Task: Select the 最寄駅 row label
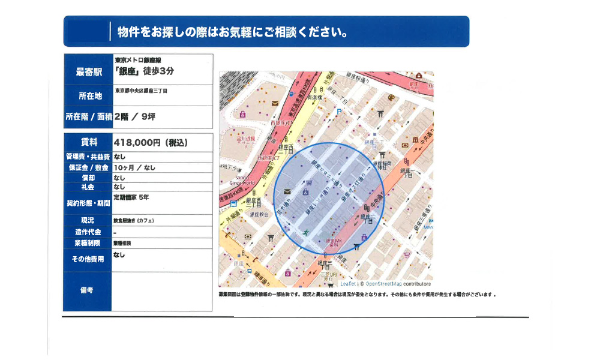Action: [88, 72]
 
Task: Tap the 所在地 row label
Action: [88, 96]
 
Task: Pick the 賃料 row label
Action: [88, 143]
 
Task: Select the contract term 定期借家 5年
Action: [131, 197]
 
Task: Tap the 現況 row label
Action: [88, 221]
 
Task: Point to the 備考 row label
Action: [88, 291]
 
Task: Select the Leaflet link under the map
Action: [347, 284]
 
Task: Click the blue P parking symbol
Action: [339, 112]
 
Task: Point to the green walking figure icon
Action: [307, 232]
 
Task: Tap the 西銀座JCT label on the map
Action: [281, 124]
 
